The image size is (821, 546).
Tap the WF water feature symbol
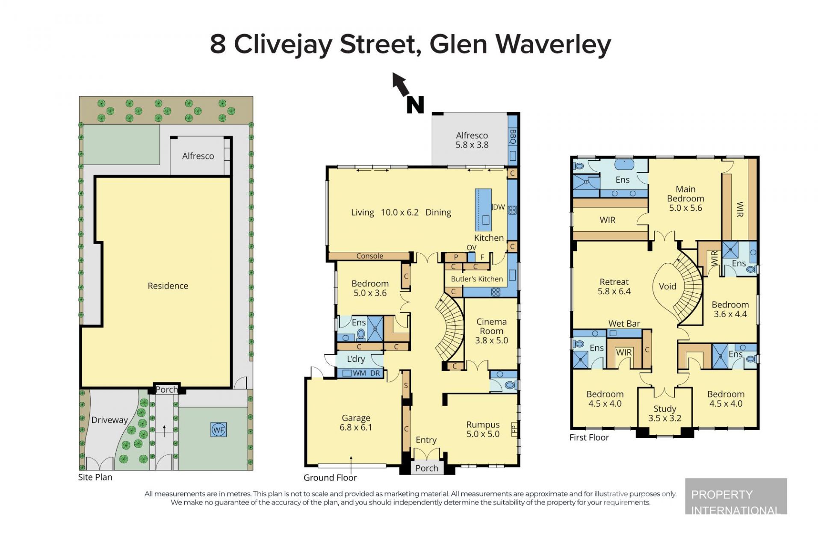pyautogui.click(x=219, y=430)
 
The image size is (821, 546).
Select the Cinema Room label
pyautogui.click(x=491, y=326)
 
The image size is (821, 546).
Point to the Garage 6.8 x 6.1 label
pyautogui.click(x=356, y=422)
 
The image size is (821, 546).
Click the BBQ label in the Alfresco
pyautogui.click(x=513, y=136)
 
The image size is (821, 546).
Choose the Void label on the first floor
pyautogui.click(x=667, y=286)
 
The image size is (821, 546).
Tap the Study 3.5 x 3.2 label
pyautogui.click(x=664, y=413)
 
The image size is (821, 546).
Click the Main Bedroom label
pyautogui.click(x=685, y=194)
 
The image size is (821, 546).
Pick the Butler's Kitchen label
pyautogui.click(x=477, y=279)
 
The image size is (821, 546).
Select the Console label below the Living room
pyautogui.click(x=370, y=256)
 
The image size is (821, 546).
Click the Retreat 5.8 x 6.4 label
pyautogui.click(x=614, y=286)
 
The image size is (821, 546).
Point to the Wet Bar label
pyautogui.click(x=624, y=324)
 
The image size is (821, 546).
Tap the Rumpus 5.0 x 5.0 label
pyautogui.click(x=483, y=429)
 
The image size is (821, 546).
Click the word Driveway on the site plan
pyautogui.click(x=109, y=420)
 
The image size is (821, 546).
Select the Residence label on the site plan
pyautogui.click(x=168, y=286)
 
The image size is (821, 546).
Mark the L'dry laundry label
pyautogui.click(x=356, y=359)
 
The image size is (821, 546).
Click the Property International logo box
pyautogui.click(x=736, y=496)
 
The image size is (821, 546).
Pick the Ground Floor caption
pyautogui.click(x=330, y=478)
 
